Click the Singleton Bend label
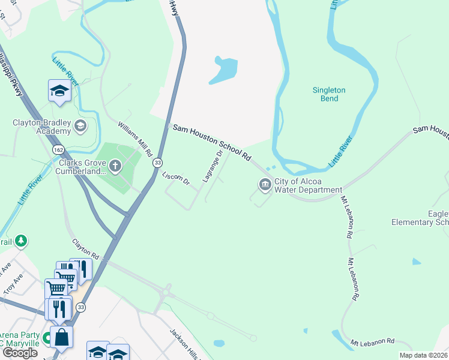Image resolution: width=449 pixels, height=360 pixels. (329, 95)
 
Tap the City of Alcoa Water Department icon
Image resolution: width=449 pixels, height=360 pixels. (265, 185)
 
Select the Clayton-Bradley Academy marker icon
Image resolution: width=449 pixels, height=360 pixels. (80, 126)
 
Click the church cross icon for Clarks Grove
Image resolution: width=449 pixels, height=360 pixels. (115, 166)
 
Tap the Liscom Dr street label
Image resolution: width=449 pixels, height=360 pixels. (176, 178)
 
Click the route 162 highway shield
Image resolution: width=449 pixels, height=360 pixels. (58, 148)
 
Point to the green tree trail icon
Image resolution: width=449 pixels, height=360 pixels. (21, 241)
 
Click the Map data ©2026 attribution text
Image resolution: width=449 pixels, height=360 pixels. (423, 355)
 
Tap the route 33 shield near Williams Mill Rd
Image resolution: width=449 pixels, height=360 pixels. (157, 163)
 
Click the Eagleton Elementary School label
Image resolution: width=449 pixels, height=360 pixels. (420, 218)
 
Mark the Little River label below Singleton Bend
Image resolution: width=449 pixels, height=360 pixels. (340, 152)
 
